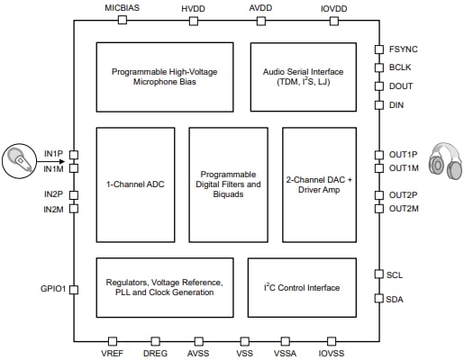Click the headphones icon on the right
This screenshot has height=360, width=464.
(x=445, y=160)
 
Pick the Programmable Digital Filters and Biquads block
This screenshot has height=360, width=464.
(x=228, y=184)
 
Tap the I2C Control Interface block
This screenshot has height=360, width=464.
(x=302, y=287)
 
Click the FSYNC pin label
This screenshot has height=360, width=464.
(x=404, y=50)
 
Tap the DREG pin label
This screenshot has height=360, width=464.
(x=156, y=354)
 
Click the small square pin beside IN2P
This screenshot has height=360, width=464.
(x=74, y=194)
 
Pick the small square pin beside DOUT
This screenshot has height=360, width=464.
(x=379, y=86)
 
